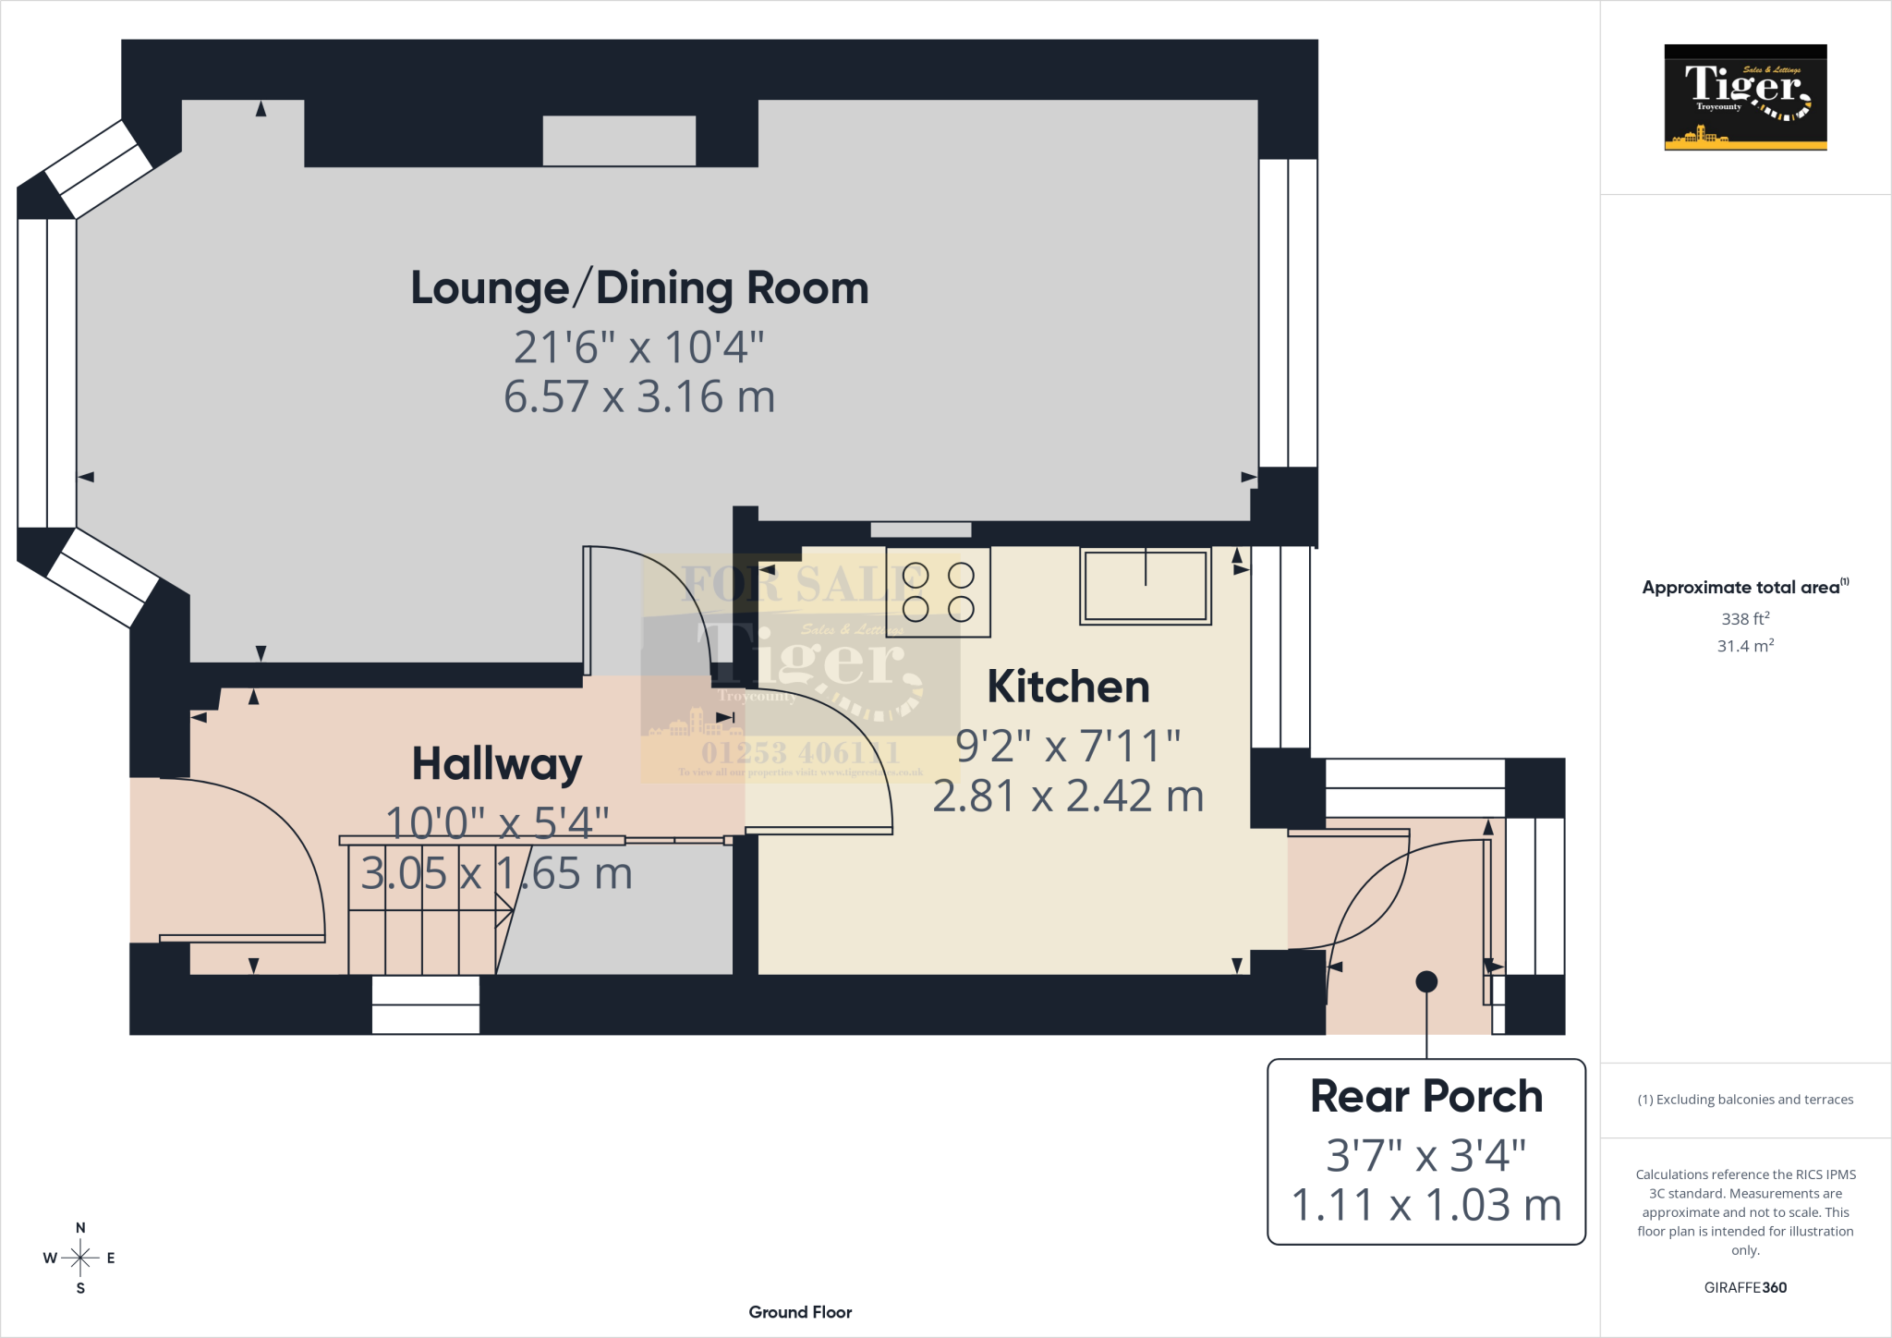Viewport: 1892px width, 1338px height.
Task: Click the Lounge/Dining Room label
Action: pyautogui.click(x=639, y=287)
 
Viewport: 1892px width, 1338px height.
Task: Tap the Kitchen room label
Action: pyautogui.click(x=1068, y=687)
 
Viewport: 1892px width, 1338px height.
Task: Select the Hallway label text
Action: pyautogui.click(x=497, y=764)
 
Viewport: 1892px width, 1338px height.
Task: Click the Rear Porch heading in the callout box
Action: pyautogui.click(x=1426, y=1097)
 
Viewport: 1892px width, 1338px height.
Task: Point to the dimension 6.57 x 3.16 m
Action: pyautogui.click(x=639, y=396)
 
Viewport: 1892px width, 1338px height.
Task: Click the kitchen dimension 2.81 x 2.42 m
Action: pyautogui.click(x=1068, y=796)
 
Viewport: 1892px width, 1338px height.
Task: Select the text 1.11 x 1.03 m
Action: pyautogui.click(x=1426, y=1205)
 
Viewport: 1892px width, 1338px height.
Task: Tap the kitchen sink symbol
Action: pyautogui.click(x=1146, y=586)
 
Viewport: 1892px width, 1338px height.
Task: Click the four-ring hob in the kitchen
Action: pyautogui.click(x=938, y=592)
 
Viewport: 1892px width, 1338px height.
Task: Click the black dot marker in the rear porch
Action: pyautogui.click(x=1426, y=981)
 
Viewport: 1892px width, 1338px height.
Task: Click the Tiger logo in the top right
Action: pyautogui.click(x=1745, y=97)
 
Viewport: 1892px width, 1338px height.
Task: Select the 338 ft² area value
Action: pyautogui.click(x=1745, y=618)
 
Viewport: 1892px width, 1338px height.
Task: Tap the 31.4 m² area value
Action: pyautogui.click(x=1745, y=646)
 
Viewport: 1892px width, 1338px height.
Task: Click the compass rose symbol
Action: pyautogui.click(x=80, y=1258)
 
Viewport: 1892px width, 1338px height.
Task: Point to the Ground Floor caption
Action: pyautogui.click(x=800, y=1312)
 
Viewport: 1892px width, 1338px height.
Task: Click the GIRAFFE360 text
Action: pyautogui.click(x=1745, y=1287)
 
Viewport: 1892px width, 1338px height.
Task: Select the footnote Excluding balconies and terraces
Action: pyautogui.click(x=1745, y=1100)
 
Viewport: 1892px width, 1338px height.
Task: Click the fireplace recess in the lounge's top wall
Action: pyautogui.click(x=619, y=140)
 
